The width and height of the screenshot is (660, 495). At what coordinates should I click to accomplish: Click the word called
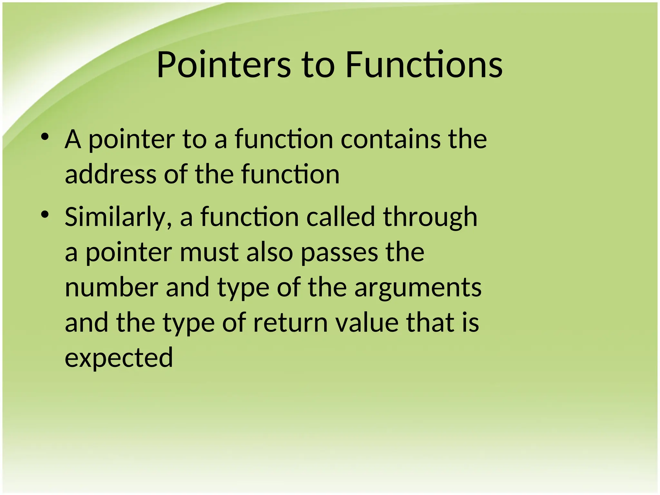341,217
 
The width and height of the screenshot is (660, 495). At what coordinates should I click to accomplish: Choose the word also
269,252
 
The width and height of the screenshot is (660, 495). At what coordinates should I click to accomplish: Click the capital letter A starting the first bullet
73,140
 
